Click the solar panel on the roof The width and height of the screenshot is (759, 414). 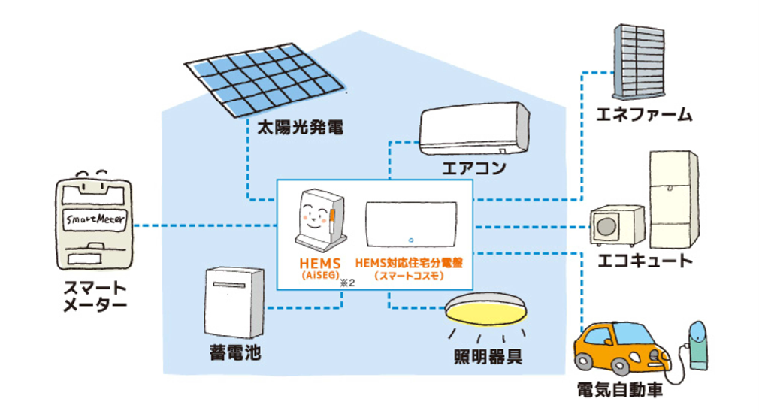pos(259,77)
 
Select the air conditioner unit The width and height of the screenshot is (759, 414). pos(474,128)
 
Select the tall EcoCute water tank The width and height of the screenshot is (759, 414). pos(673,199)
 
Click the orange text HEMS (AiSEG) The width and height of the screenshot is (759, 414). pos(318,268)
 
